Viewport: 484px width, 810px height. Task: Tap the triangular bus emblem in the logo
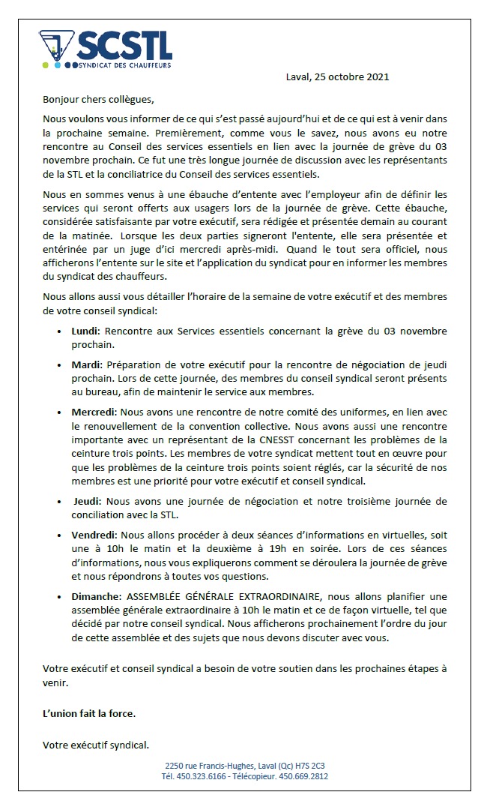pyautogui.click(x=56, y=46)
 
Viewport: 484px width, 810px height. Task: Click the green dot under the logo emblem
pyautogui.click(x=46, y=66)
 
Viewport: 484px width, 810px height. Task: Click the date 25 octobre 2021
pyautogui.click(x=355, y=77)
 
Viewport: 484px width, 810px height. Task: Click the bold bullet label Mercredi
pyautogui.click(x=94, y=412)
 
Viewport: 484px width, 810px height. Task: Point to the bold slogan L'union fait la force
pyautogui.click(x=89, y=713)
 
